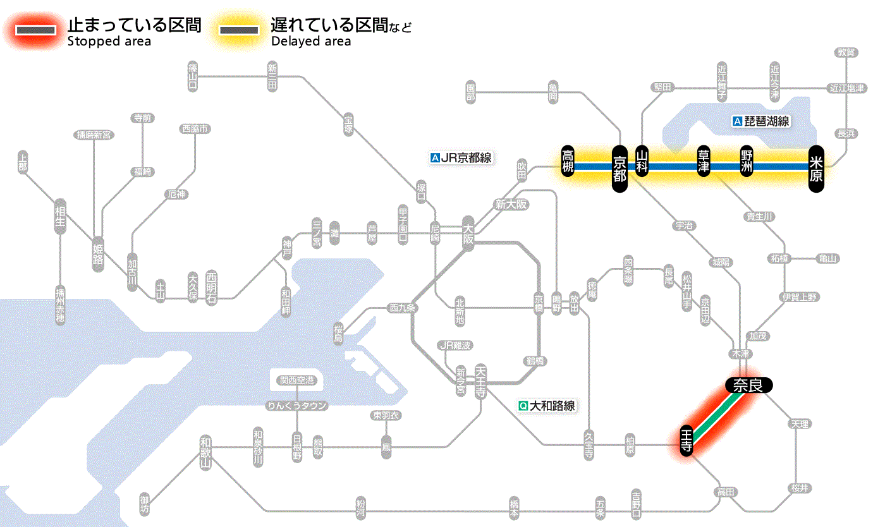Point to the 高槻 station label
(568, 161)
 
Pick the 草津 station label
(703, 162)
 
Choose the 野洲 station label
(747, 162)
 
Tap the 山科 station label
(642, 162)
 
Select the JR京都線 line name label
(461, 158)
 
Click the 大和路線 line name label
(547, 406)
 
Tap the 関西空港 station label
(296, 380)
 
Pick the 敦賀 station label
(845, 52)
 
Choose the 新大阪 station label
(511, 205)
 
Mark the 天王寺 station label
(480, 379)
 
